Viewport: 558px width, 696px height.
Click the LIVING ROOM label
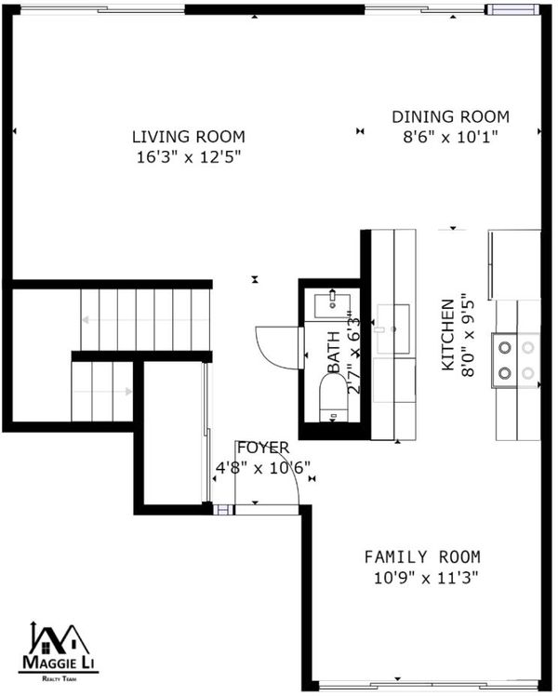[189, 137]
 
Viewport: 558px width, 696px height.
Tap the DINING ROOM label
[451, 116]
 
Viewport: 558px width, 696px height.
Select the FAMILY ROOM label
[422, 556]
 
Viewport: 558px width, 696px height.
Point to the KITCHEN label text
[448, 335]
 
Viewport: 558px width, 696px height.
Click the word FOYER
[263, 448]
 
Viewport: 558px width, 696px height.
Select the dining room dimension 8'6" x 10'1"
[451, 137]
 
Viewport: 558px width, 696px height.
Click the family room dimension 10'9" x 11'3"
[426, 578]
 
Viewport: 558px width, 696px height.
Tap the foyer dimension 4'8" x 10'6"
[262, 468]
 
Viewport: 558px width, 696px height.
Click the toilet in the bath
[334, 396]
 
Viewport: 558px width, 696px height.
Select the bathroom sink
[332, 305]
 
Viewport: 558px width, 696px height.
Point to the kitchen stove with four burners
[516, 360]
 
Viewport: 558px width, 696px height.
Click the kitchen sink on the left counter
[393, 328]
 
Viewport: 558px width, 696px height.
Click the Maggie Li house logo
[59, 648]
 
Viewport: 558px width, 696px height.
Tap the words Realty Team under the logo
[59, 678]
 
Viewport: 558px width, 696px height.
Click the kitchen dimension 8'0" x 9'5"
[468, 335]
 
